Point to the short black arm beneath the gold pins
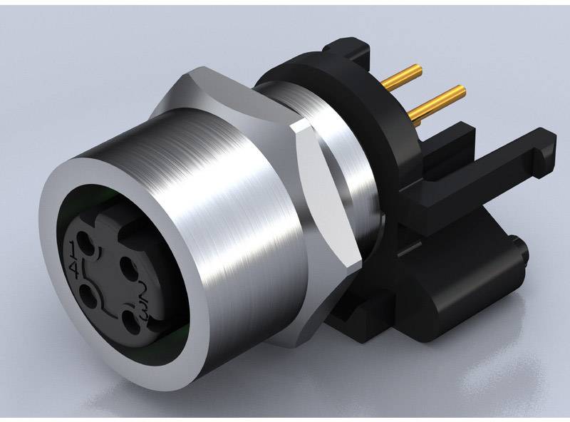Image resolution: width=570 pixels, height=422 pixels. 456,135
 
